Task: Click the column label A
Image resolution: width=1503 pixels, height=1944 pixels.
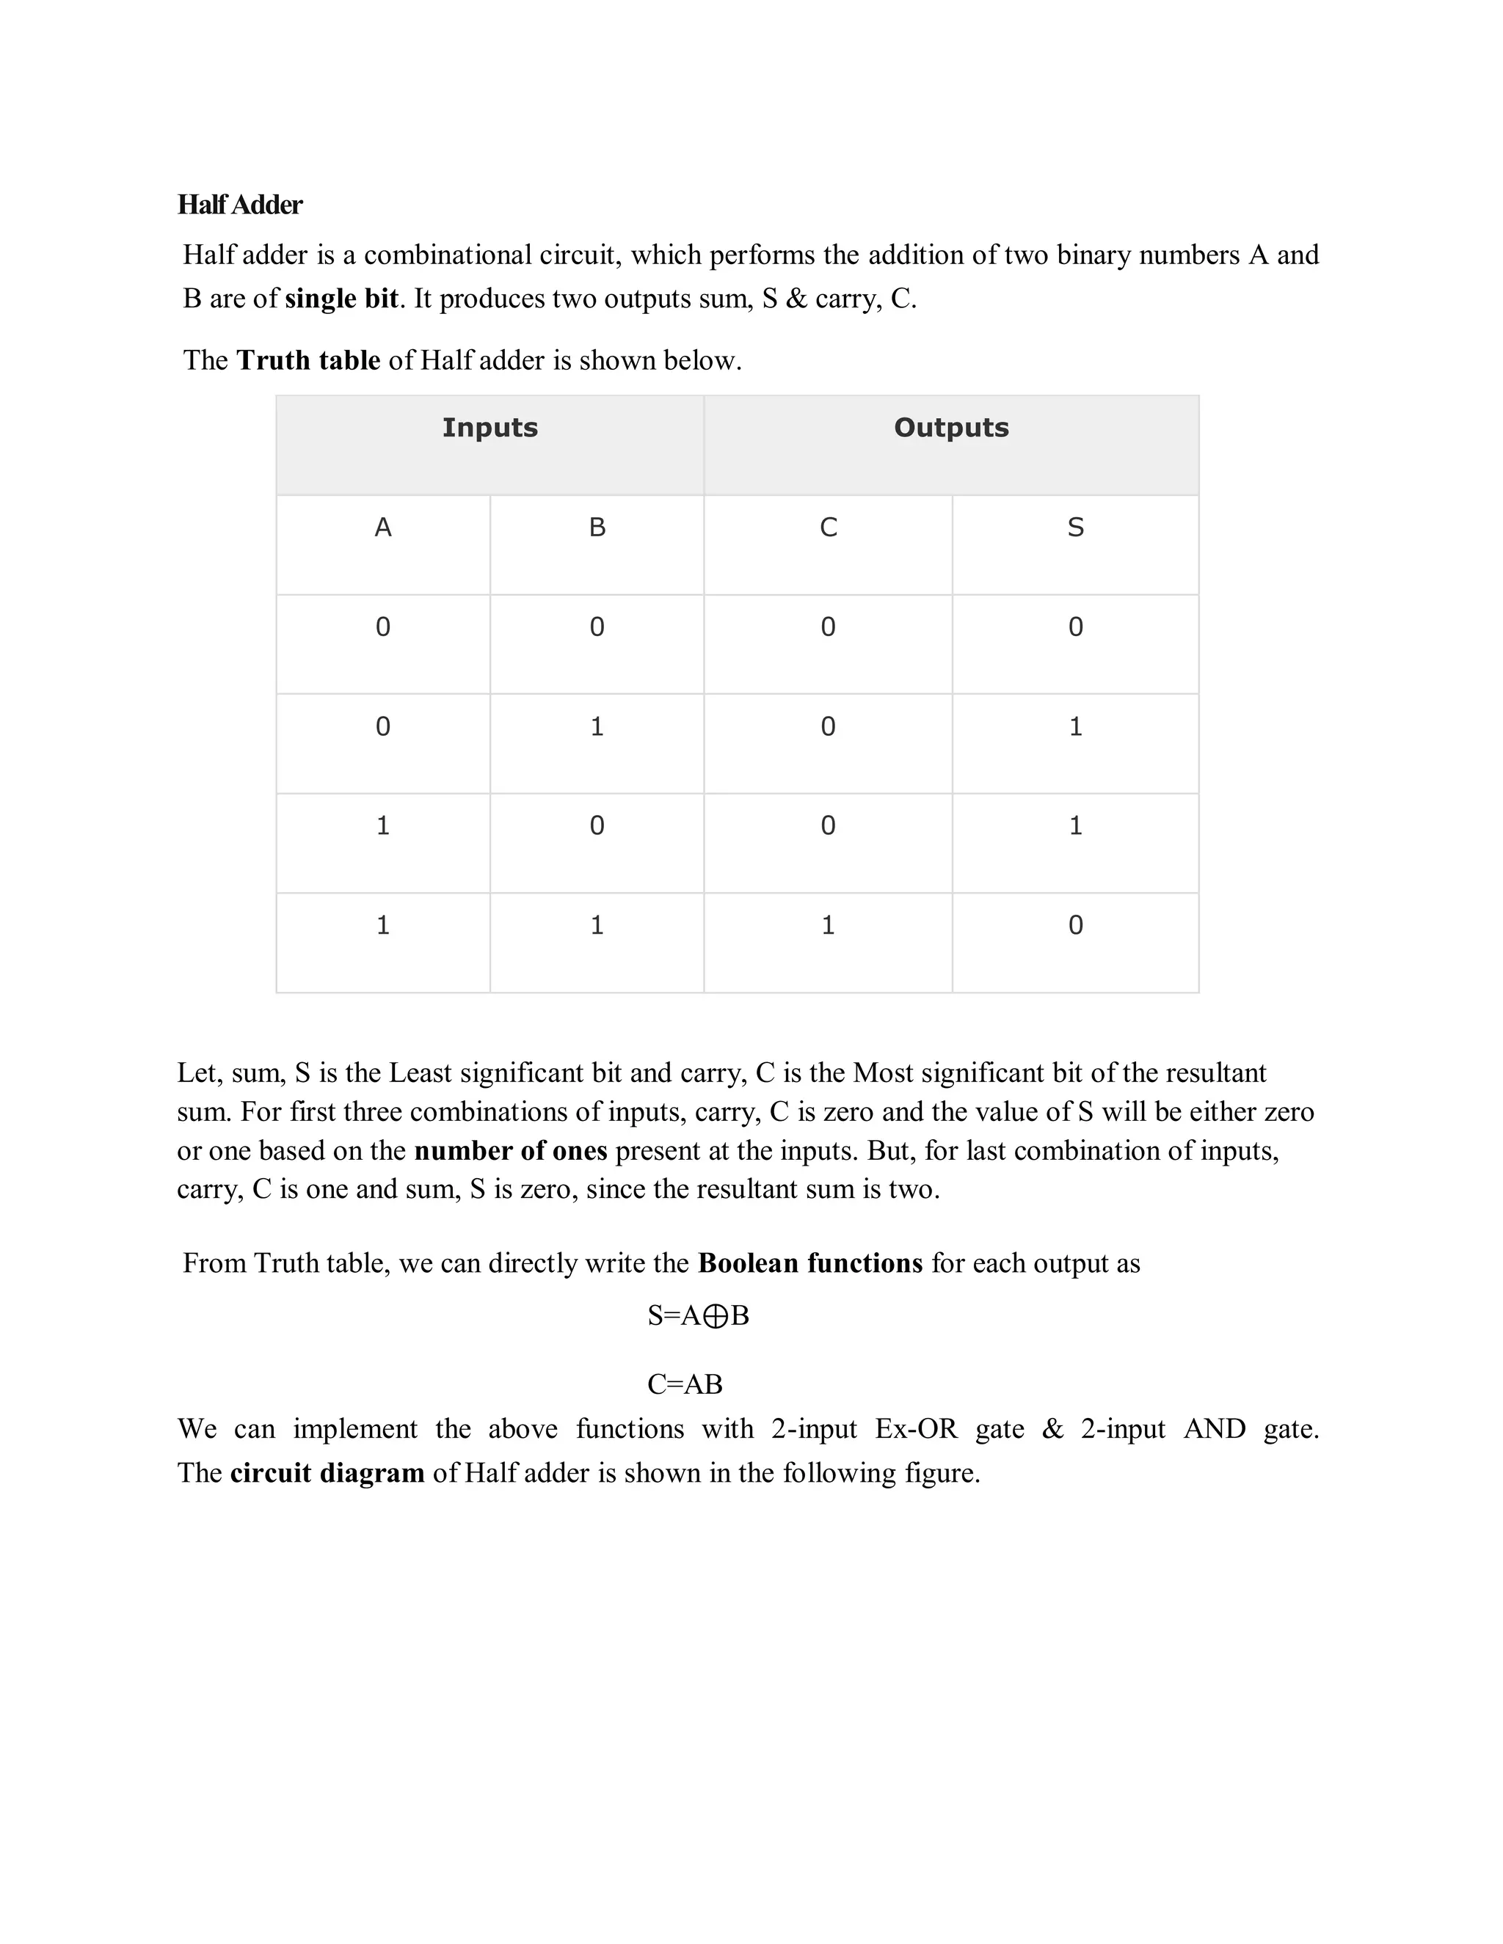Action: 383,528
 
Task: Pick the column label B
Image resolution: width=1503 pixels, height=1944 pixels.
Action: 597,528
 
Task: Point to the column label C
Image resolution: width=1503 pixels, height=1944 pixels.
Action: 828,528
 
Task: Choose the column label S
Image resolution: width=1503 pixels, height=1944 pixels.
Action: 1076,528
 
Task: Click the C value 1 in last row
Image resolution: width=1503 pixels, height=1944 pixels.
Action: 828,926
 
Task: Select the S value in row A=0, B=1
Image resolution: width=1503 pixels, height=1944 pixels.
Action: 1076,727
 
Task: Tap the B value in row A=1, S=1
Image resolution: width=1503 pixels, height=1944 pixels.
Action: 597,826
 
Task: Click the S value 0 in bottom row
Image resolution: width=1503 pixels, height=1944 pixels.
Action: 1076,926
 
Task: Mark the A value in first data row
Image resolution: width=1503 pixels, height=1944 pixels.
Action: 383,627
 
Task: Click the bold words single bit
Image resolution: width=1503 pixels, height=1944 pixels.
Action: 341,298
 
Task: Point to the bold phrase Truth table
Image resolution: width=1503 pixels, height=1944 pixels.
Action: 308,360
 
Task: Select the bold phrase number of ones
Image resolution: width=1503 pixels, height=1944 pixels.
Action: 510,1151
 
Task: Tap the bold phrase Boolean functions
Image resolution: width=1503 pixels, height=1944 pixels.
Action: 809,1263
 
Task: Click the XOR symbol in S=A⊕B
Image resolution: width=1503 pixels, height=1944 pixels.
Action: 715,1317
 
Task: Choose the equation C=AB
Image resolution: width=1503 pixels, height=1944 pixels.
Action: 685,1384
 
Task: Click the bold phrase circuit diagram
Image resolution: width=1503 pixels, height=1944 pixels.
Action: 327,1473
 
